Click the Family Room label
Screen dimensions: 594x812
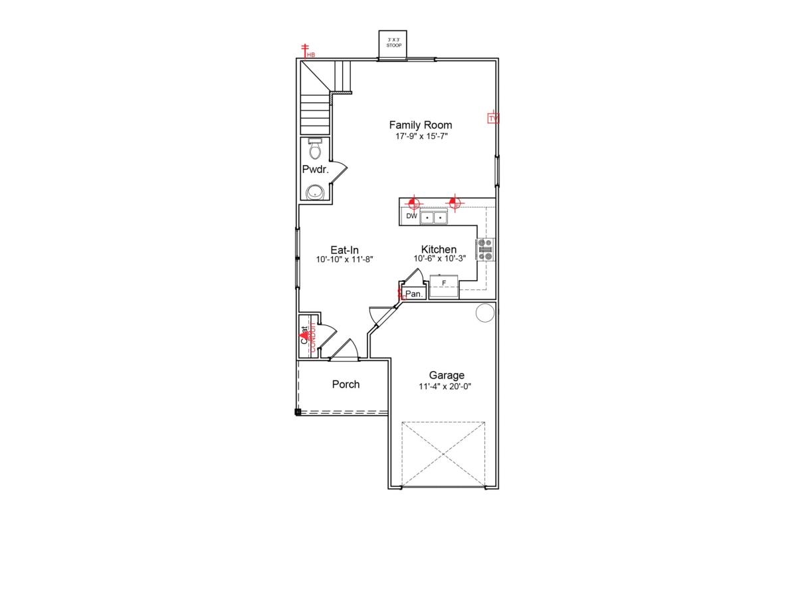pyautogui.click(x=420, y=125)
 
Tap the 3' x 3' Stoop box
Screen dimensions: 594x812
pyautogui.click(x=393, y=45)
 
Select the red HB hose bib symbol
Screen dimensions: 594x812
pyautogui.click(x=306, y=51)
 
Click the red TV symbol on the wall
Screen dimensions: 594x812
pyautogui.click(x=493, y=118)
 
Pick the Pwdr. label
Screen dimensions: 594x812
pyautogui.click(x=316, y=170)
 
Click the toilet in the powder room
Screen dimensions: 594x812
pyautogui.click(x=315, y=149)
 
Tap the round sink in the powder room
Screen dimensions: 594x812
pyautogui.click(x=315, y=192)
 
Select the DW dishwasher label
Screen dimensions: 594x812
pyautogui.click(x=412, y=216)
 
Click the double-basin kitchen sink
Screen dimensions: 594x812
pyautogui.click(x=434, y=218)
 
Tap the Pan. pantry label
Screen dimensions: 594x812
pyautogui.click(x=414, y=293)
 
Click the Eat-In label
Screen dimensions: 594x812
pyautogui.click(x=345, y=250)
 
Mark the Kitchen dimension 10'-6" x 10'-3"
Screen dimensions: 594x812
pyautogui.click(x=439, y=259)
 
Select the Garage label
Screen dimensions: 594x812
pyautogui.click(x=447, y=375)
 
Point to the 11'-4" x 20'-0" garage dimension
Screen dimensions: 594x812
pyautogui.click(x=445, y=386)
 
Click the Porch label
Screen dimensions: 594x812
pyautogui.click(x=346, y=384)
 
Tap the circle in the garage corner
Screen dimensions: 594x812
pyautogui.click(x=486, y=313)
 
